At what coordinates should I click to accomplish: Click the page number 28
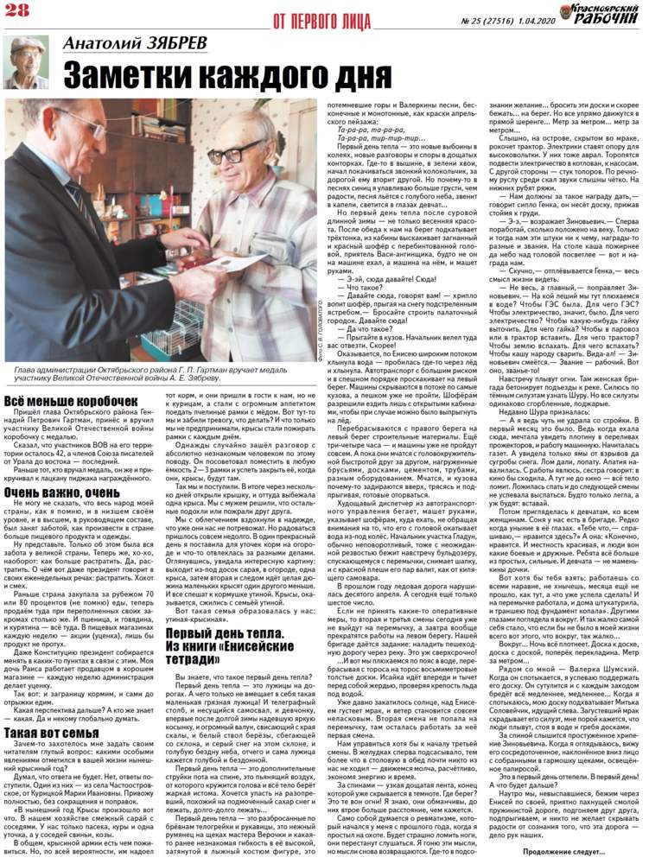click(18, 10)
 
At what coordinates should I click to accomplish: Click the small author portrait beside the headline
click(25, 62)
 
